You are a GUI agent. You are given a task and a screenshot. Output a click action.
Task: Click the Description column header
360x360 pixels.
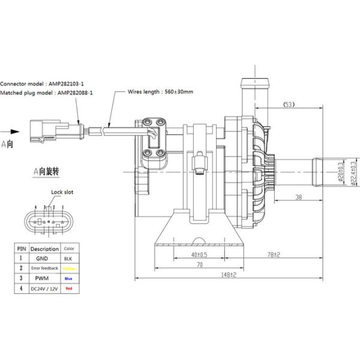pos(45,248)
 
